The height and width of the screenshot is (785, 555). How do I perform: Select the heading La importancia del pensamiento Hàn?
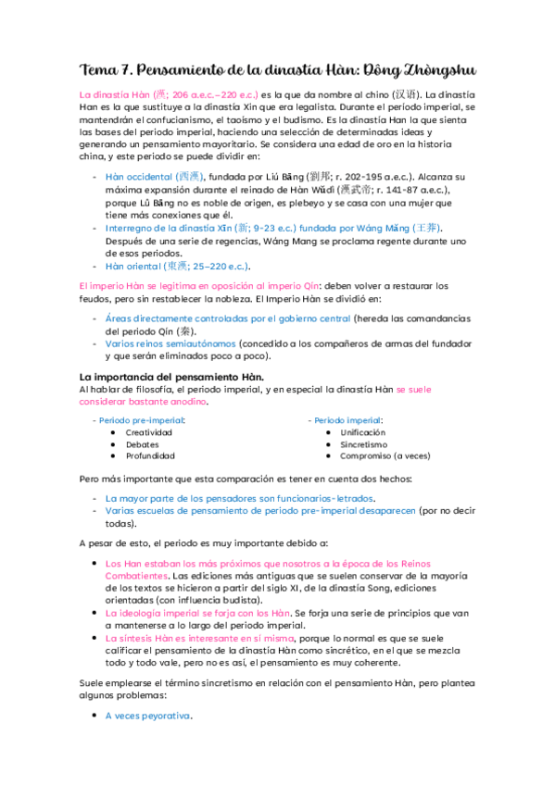[x=172, y=377]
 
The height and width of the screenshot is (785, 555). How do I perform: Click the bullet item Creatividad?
[x=148, y=431]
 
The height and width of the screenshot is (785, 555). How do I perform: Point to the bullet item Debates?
[x=142, y=443]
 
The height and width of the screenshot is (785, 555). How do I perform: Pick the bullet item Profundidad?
[x=150, y=455]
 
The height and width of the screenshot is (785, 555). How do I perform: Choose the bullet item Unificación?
[x=363, y=431]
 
